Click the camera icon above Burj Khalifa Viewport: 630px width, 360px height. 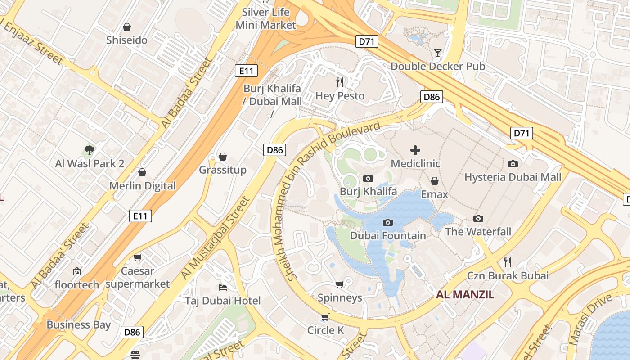pos(368,179)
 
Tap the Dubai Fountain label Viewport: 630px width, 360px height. pos(387,235)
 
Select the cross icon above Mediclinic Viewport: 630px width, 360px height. pos(415,150)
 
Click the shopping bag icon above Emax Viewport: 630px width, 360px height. pos(434,181)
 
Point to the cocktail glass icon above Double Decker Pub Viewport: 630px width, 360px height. pos(437,53)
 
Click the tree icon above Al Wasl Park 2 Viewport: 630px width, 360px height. pos(89,150)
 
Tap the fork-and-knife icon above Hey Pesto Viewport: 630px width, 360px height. pos(340,82)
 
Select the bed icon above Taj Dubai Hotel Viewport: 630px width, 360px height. pos(222,287)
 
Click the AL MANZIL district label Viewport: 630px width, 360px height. pos(465,295)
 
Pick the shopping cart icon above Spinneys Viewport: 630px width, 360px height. pos(340,284)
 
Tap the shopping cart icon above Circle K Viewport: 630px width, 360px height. pos(325,317)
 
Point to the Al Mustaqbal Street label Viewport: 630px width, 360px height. pos(215,237)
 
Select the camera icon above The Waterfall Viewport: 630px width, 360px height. pos(478,219)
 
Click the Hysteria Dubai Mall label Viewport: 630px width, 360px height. pos(513,177)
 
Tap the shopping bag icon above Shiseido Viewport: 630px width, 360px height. pos(127,27)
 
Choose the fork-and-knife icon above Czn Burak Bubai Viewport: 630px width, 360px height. pos(508,262)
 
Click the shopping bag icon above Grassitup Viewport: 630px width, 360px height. pos(222,157)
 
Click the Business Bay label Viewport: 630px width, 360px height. pos(78,324)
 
